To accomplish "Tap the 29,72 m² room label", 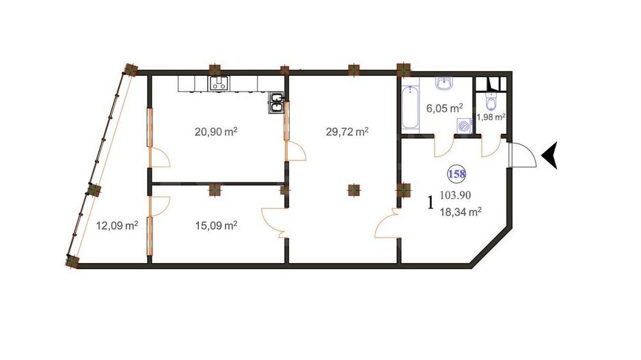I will click(347, 132).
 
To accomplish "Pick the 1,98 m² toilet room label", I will click(491, 117).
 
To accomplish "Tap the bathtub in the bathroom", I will click(410, 107).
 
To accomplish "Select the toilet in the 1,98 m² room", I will click(489, 102).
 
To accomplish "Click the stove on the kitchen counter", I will click(219, 84).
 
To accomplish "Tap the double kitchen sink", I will click(277, 102).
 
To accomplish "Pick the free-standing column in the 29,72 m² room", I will click(353, 191).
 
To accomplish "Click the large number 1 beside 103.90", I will click(431, 203).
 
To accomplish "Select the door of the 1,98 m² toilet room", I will click(491, 146).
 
